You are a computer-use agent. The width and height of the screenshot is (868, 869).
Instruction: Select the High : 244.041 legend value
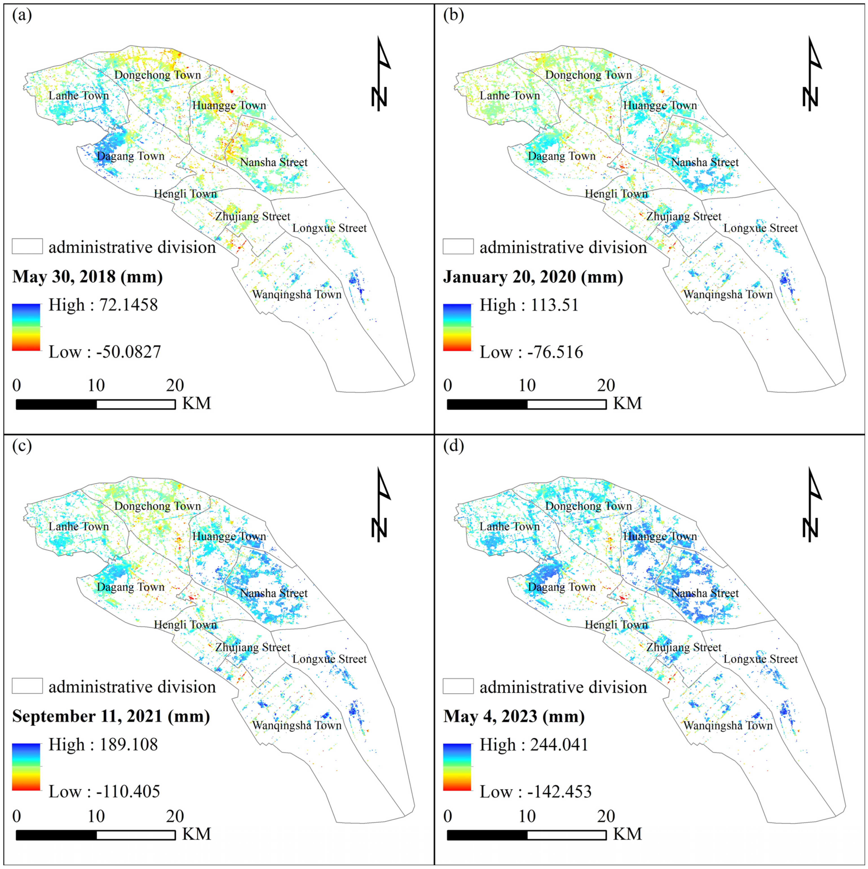[x=534, y=744]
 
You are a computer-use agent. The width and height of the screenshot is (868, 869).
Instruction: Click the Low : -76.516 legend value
[x=531, y=352]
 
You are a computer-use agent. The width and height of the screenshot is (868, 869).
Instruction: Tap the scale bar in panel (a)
[x=95, y=404]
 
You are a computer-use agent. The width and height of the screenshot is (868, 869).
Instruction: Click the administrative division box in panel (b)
[x=458, y=246]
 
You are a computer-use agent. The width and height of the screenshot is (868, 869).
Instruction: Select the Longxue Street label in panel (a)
[x=329, y=228]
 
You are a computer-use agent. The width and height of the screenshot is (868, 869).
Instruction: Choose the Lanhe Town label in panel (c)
[x=79, y=526]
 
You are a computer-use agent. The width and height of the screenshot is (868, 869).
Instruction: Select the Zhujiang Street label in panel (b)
[x=684, y=216]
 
